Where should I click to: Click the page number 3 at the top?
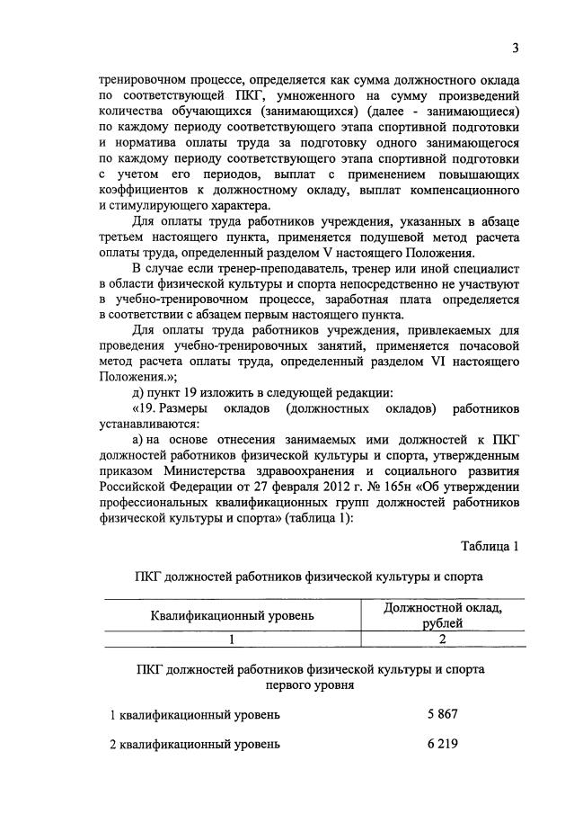[x=516, y=48]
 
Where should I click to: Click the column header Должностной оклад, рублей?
[x=442, y=614]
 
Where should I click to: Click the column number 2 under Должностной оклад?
[x=442, y=640]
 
